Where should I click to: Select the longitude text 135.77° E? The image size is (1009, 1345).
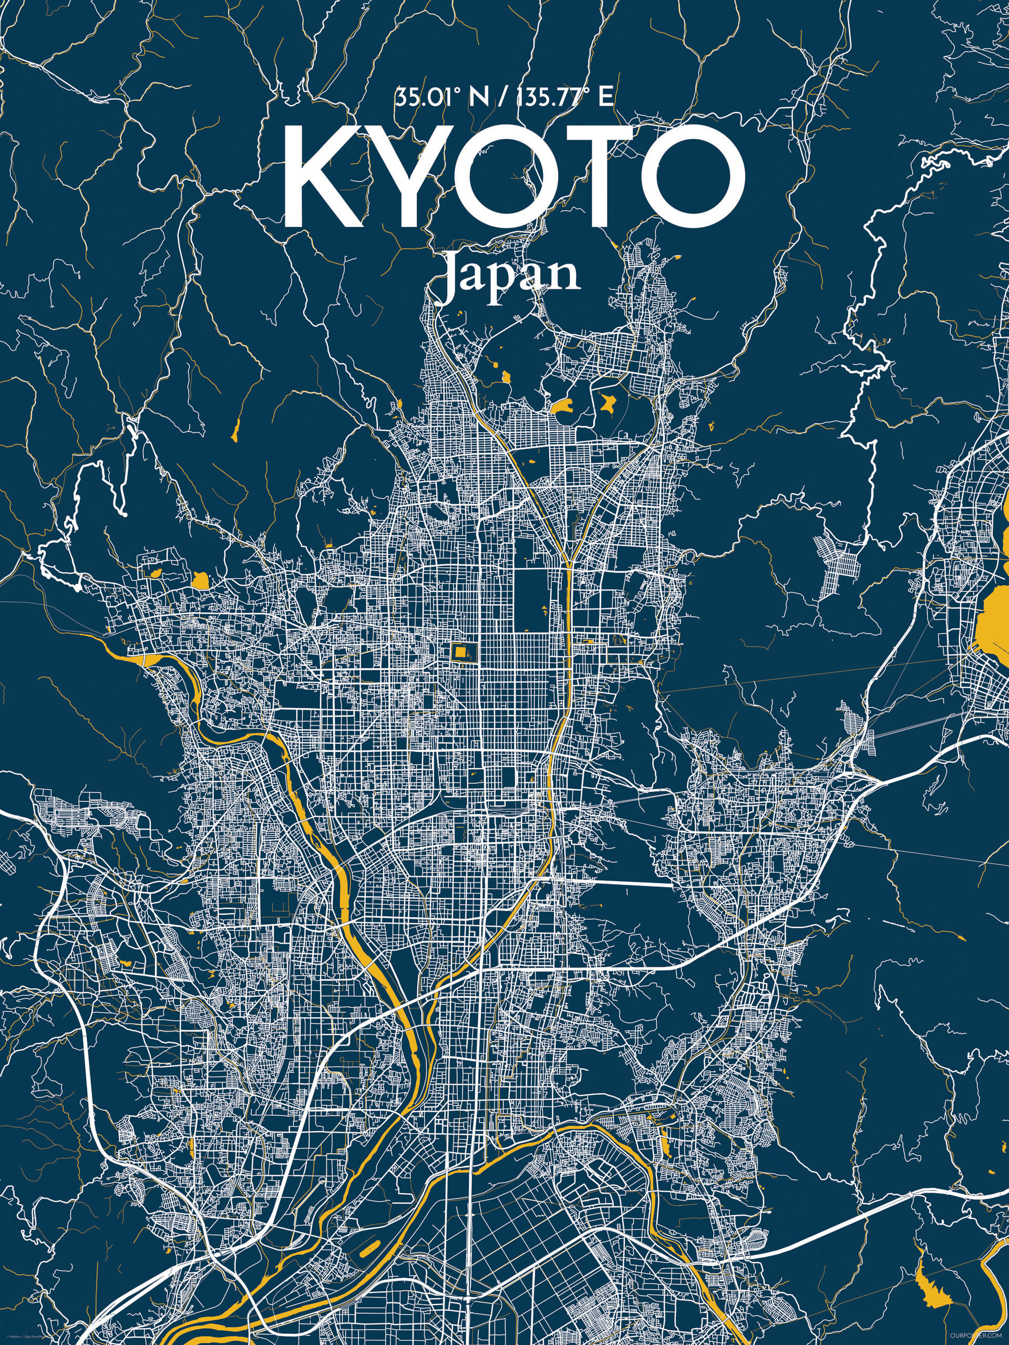pyautogui.click(x=563, y=98)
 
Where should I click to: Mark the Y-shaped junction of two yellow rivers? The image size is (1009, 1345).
pyautogui.click(x=568, y=563)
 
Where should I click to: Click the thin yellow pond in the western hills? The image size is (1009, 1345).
pyautogui.click(x=235, y=429)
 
